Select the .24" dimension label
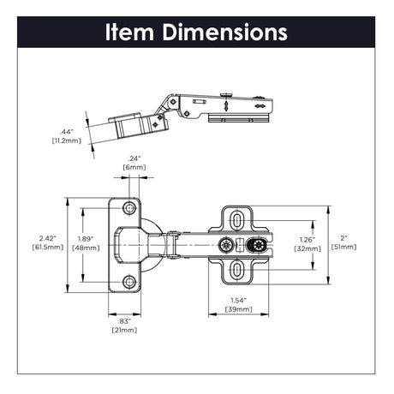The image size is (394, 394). pos(134,158)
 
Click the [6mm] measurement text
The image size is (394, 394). pos(134,168)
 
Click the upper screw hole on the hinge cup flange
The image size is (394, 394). pos(129,208)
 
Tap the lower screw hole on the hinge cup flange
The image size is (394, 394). pos(129,281)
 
